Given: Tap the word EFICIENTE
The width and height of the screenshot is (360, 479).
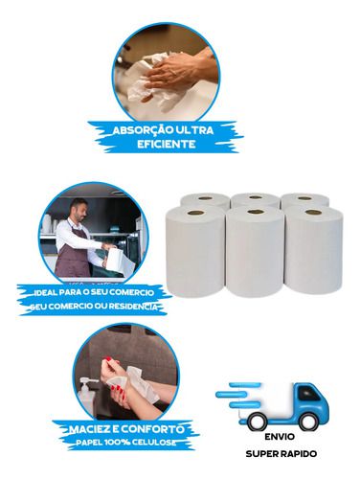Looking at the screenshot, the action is (x=167, y=144).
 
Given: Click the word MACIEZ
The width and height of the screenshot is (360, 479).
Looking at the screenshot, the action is (x=88, y=429).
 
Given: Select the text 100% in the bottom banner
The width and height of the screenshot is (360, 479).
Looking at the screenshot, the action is (x=117, y=443).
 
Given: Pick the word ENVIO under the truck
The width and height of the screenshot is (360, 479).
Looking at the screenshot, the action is (x=280, y=437).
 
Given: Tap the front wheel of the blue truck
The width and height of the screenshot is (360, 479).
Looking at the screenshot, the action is (x=307, y=422).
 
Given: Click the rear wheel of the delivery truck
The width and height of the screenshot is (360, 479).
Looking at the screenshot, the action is (x=257, y=422).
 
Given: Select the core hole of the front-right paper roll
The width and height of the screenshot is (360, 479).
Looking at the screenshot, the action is (x=313, y=212).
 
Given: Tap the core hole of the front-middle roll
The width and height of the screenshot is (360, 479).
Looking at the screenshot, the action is (x=256, y=212).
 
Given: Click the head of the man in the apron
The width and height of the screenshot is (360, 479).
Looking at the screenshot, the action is (x=79, y=209).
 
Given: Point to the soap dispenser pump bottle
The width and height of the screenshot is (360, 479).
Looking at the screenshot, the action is (x=85, y=396).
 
